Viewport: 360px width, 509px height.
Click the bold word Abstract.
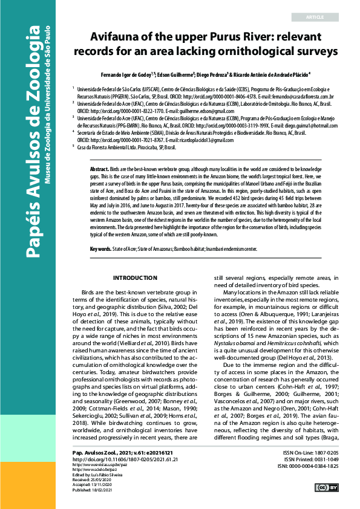(x=100, y=169)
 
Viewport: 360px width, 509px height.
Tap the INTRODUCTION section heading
(x=135, y=278)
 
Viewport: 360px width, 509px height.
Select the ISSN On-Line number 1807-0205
(x=342, y=452)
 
